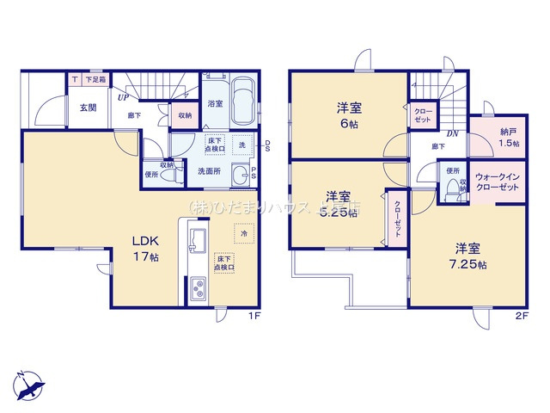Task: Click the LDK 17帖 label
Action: (x=144, y=249)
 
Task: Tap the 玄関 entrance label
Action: (x=89, y=108)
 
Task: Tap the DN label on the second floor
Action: (x=452, y=133)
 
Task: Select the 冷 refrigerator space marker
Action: (x=244, y=234)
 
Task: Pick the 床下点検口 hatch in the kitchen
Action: (x=225, y=262)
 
